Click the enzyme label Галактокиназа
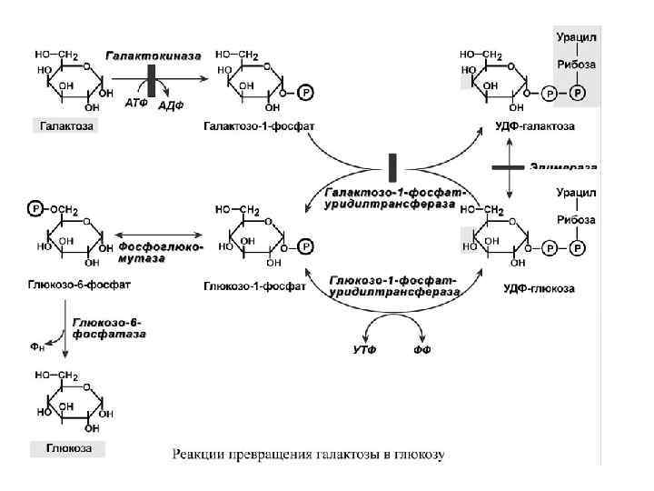[154, 55]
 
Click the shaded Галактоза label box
[66, 125]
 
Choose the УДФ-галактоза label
[538, 125]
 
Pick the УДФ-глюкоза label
[539, 288]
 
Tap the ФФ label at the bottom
[421, 349]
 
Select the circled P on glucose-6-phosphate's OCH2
[35, 209]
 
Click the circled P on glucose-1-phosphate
[305, 245]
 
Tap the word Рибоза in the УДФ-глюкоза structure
[576, 220]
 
